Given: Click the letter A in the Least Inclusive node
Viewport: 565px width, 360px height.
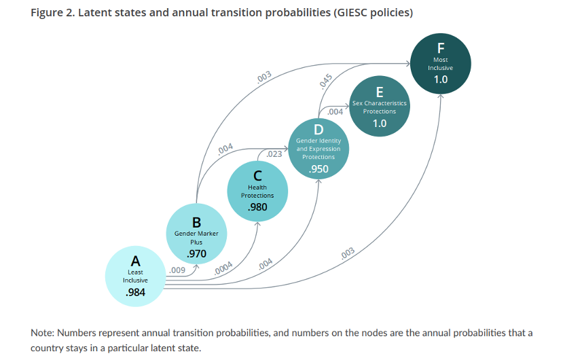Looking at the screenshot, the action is [x=136, y=261].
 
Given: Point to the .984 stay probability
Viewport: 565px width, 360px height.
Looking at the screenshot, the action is [x=136, y=292].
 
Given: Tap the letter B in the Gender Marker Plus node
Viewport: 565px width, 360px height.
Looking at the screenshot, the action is [x=196, y=222].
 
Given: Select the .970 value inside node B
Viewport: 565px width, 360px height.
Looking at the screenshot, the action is [x=196, y=253].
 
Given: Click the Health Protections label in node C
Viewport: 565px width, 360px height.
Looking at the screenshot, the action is [x=257, y=192].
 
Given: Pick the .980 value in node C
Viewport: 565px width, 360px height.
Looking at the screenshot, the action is [x=257, y=207].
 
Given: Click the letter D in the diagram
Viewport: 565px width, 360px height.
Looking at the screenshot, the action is [x=318, y=129].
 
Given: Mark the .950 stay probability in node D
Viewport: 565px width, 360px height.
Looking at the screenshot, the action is [x=318, y=168].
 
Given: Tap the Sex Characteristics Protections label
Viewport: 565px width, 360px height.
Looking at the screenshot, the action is [x=380, y=107].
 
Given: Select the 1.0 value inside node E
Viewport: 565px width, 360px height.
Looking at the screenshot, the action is [x=380, y=124].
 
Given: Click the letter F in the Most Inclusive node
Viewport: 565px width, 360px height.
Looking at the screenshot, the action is [x=441, y=48].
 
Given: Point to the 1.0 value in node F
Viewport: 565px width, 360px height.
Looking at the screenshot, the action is [x=441, y=79].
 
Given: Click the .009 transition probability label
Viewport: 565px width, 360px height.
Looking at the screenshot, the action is [x=178, y=270].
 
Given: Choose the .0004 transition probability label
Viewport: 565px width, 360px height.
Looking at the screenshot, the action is [x=223, y=268].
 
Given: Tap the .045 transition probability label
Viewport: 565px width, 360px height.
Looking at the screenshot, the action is [x=326, y=81].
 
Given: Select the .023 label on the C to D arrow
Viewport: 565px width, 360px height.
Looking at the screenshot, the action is [x=274, y=154].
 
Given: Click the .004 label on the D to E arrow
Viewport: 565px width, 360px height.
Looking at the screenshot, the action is [x=335, y=111].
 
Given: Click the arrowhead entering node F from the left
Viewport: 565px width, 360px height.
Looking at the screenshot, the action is [x=408, y=64].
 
